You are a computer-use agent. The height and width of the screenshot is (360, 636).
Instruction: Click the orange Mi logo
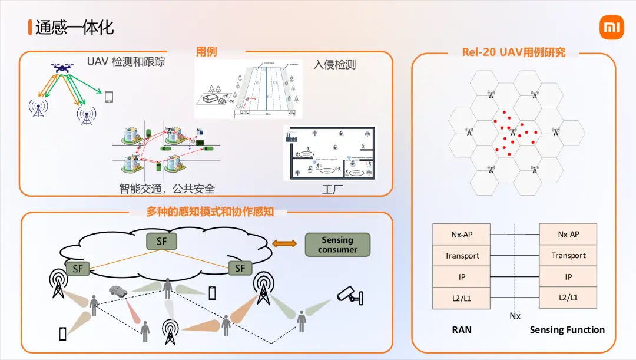(x=611, y=28)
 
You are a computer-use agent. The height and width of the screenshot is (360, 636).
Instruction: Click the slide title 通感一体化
(x=74, y=27)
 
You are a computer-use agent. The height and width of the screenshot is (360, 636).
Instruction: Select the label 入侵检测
(x=334, y=64)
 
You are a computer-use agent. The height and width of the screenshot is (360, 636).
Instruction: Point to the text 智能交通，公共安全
(x=167, y=189)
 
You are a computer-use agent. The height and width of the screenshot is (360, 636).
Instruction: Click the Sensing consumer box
(x=337, y=245)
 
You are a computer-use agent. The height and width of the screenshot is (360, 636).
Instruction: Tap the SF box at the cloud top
(x=161, y=241)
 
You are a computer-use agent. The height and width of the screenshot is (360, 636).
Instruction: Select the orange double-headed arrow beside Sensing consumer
(x=285, y=244)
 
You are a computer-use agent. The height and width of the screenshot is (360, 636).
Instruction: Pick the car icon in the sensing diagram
(x=117, y=290)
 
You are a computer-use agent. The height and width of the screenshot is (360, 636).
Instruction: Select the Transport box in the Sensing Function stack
(x=568, y=255)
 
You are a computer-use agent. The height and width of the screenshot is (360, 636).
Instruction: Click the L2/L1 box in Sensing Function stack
(x=568, y=298)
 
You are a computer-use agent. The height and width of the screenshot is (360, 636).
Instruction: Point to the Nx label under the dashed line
(x=515, y=316)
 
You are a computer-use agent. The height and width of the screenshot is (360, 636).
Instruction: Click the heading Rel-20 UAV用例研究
(x=514, y=52)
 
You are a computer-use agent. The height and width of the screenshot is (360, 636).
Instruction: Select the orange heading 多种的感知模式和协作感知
(x=210, y=212)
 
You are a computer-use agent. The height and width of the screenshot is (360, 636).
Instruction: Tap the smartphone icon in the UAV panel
(x=108, y=97)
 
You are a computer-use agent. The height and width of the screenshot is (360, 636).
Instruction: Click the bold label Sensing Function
(x=567, y=330)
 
